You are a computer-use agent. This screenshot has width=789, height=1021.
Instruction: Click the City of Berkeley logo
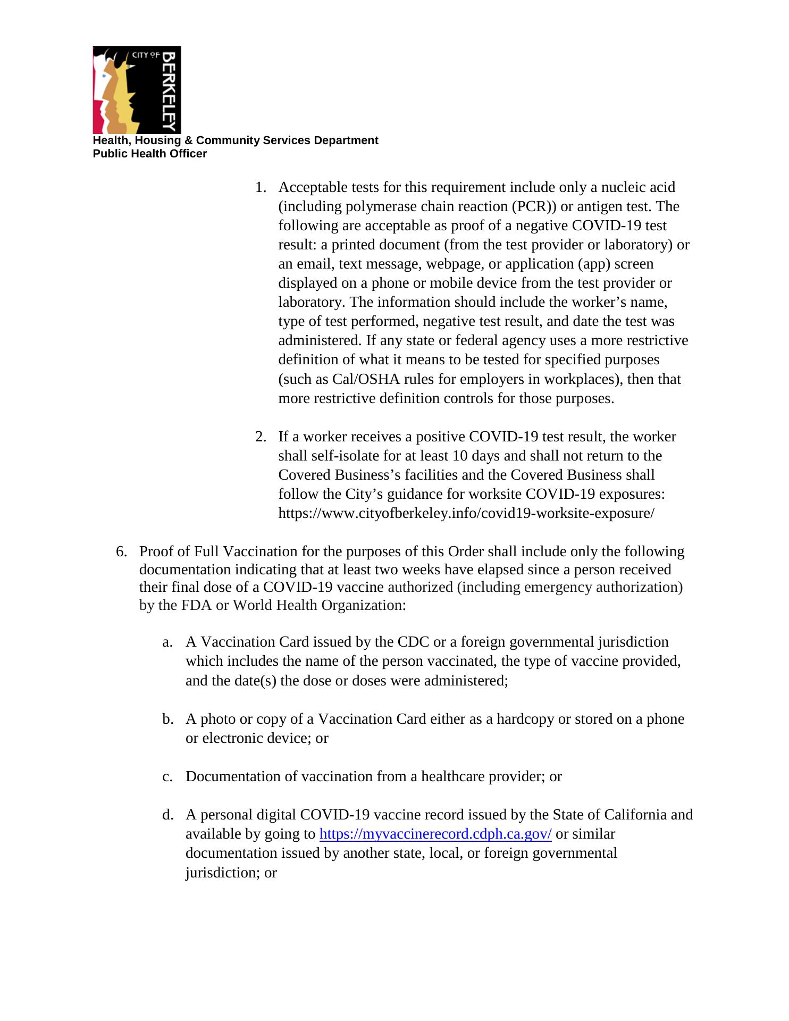[x=137, y=90]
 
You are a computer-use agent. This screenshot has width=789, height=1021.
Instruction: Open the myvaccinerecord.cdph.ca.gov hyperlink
[x=435, y=834]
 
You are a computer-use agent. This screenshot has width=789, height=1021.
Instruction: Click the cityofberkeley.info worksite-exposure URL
[x=466, y=513]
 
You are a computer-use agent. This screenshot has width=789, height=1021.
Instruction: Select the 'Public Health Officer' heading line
[x=149, y=154]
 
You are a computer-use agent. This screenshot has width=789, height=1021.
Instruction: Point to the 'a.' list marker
[x=167, y=642]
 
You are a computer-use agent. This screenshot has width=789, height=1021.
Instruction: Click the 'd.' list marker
[x=167, y=815]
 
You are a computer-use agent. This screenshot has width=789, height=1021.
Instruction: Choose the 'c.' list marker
[x=167, y=776]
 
